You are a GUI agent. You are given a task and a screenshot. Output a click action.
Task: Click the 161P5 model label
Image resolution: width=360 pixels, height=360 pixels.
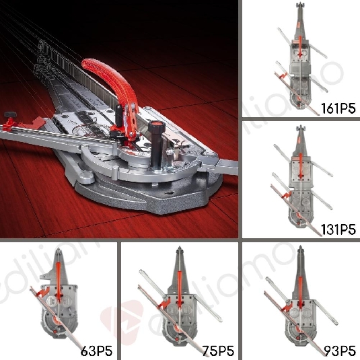(338, 108)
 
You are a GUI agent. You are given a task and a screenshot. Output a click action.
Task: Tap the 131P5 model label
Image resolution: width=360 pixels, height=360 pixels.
(338, 229)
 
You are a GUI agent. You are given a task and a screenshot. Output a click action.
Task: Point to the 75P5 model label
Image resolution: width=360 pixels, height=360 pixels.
(216, 350)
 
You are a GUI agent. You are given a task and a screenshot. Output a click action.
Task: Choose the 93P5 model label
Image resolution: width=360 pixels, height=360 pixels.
(338, 350)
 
